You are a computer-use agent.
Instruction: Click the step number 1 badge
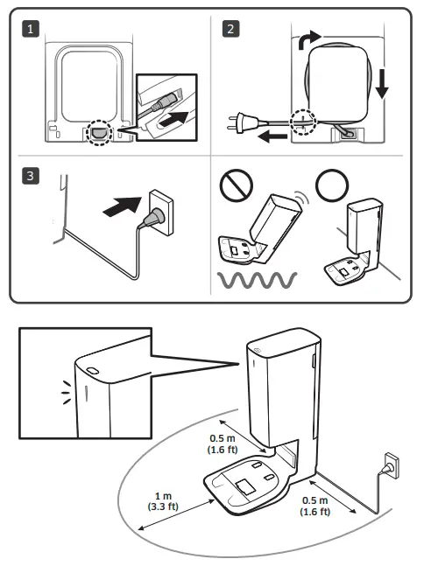click(x=31, y=29)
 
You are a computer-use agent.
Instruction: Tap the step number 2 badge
click(x=230, y=29)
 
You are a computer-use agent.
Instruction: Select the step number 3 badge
click(x=31, y=176)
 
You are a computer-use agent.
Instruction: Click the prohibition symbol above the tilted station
click(x=237, y=185)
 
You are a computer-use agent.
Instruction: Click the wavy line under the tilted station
click(x=257, y=280)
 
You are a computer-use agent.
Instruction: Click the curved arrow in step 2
click(x=307, y=39)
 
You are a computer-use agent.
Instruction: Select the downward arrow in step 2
click(x=382, y=84)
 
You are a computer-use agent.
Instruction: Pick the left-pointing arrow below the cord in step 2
click(x=272, y=136)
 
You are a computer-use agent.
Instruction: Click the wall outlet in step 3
click(x=161, y=213)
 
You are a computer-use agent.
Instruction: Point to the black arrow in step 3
click(x=123, y=206)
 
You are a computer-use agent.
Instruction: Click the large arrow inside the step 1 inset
click(x=173, y=119)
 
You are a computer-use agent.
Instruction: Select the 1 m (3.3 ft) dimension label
click(x=163, y=501)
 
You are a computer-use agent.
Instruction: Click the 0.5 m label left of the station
click(x=223, y=444)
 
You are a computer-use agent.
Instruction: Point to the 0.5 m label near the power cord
click(x=315, y=506)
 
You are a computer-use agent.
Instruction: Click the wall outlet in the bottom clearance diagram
click(x=392, y=465)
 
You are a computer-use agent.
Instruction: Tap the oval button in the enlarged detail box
click(x=93, y=371)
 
